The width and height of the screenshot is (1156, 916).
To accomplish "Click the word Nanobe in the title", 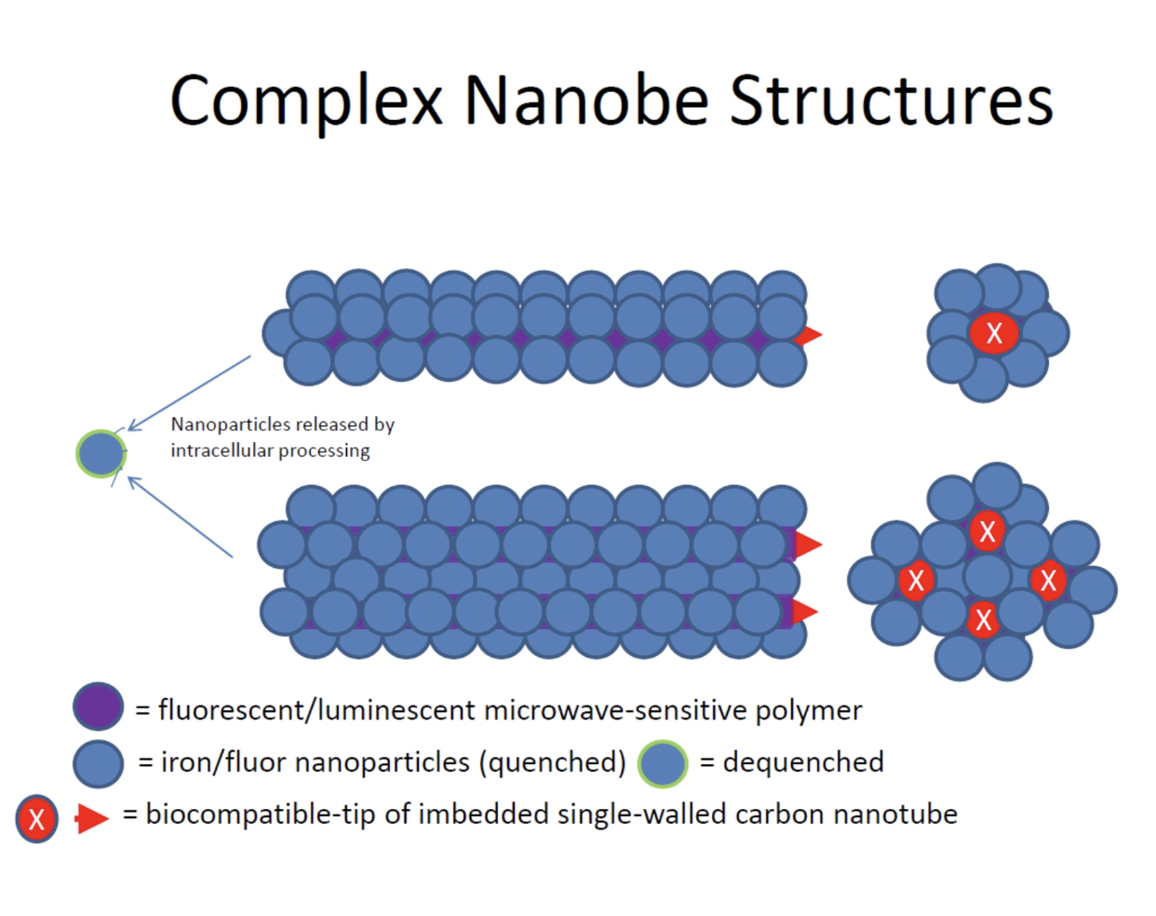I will coord(586,100).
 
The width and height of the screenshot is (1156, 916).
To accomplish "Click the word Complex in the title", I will coord(306,101).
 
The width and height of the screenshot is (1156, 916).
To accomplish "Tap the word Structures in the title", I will coord(891,100).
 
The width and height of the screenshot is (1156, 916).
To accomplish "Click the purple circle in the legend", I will coord(99,707).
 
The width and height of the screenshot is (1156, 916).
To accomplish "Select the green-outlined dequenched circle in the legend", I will coord(663,763).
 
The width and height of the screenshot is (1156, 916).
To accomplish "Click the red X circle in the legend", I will coord(37,819).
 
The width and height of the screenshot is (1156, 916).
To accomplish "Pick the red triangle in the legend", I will coord(91,818).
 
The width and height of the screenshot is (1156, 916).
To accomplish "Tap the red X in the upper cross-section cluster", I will coord(994,332).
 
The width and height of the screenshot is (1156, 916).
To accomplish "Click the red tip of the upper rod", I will coord(811,335).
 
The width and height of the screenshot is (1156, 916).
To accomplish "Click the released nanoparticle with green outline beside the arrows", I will coord(101,454).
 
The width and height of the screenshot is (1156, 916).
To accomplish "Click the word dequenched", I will coord(803,762).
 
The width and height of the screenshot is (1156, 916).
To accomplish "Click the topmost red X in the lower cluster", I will coord(988,532).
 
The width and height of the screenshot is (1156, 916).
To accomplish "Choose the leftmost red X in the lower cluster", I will coord(916,580).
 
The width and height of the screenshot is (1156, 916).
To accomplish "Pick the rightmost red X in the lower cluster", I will coord(1049,580).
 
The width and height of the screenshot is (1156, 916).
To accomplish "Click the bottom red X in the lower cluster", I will coord(984,619).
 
